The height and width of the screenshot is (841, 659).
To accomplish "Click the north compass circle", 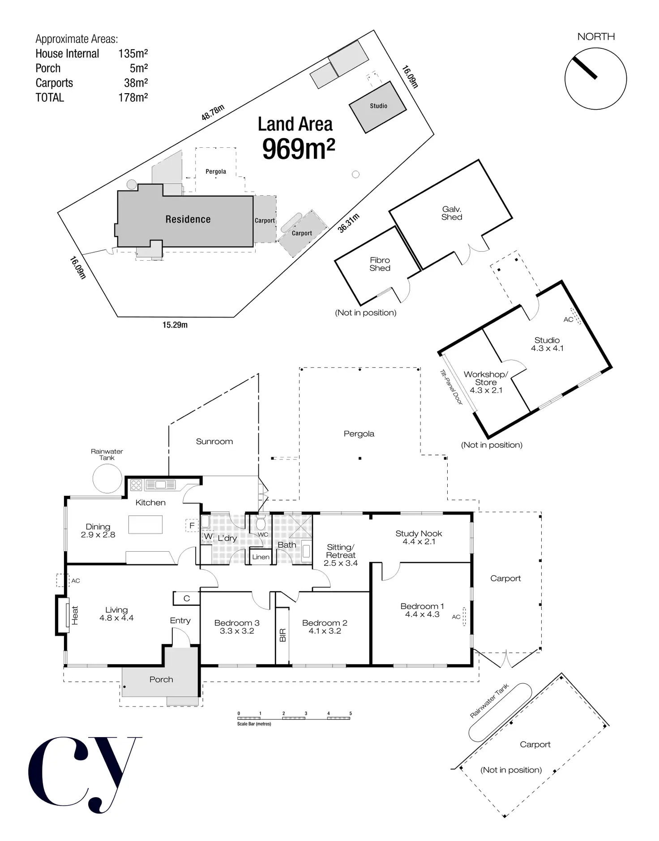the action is pos(595,79).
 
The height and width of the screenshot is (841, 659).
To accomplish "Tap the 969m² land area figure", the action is pos(298,149).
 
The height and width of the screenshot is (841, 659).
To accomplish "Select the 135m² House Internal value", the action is pos(133,54).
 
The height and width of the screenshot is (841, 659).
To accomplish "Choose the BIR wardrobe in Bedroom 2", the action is pos(282,635).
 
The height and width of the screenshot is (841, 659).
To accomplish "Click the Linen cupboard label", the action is pos(261,557).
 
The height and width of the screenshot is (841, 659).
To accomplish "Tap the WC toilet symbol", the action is pos(261,523).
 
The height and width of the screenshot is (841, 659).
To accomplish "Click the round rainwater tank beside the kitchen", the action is pos(107,478).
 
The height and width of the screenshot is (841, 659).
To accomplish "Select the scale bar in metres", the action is pos(294,718).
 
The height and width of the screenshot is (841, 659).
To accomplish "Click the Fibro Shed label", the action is pos(380,264).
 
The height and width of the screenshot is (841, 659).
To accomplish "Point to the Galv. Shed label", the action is pos(452,213).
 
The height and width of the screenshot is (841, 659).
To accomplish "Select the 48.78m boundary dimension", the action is pos(213,112).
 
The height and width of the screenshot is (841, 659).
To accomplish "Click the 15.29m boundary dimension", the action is pos(175,325).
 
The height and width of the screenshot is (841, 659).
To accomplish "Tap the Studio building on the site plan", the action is pos(378,107).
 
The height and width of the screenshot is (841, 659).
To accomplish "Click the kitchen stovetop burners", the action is pos(136,485).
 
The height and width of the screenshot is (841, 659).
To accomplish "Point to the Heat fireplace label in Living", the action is pos(75,615).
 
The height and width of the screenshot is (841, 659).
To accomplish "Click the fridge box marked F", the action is pos(192,525).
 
